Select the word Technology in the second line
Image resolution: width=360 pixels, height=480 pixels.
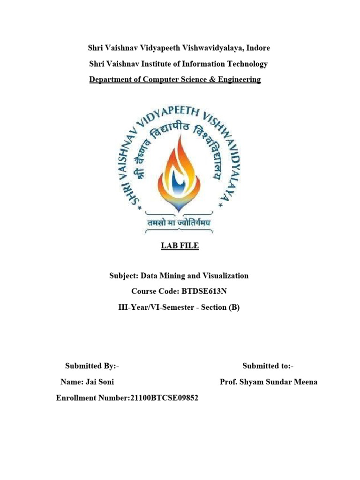245,64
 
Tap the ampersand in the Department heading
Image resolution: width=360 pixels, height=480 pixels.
212,79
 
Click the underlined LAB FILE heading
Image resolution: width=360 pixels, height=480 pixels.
180,246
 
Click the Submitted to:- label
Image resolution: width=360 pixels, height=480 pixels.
268,366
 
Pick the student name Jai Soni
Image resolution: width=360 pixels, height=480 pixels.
100,382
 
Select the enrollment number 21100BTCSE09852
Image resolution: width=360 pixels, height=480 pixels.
160,398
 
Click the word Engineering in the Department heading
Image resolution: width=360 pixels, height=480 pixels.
238,79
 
